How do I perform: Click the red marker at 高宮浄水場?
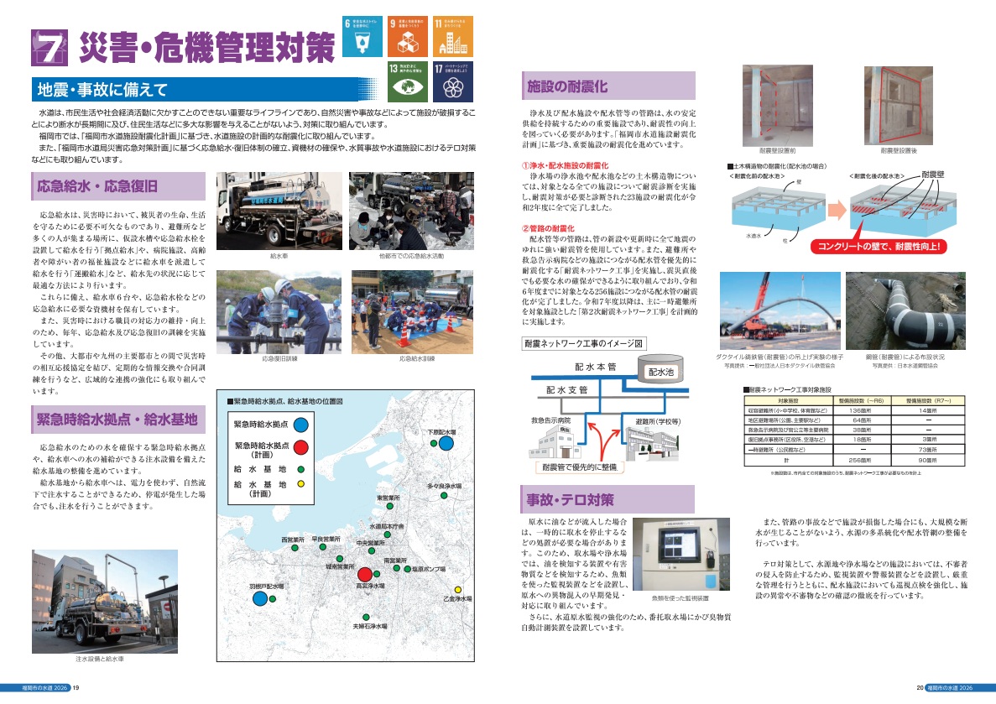[x=364, y=576]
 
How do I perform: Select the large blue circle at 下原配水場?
[x=447, y=442]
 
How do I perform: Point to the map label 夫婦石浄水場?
[x=369, y=626]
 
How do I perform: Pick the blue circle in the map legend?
[x=301, y=425]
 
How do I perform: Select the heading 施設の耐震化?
[x=567, y=86]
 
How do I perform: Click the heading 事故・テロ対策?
[x=582, y=500]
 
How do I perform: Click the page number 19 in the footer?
[x=76, y=688]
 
